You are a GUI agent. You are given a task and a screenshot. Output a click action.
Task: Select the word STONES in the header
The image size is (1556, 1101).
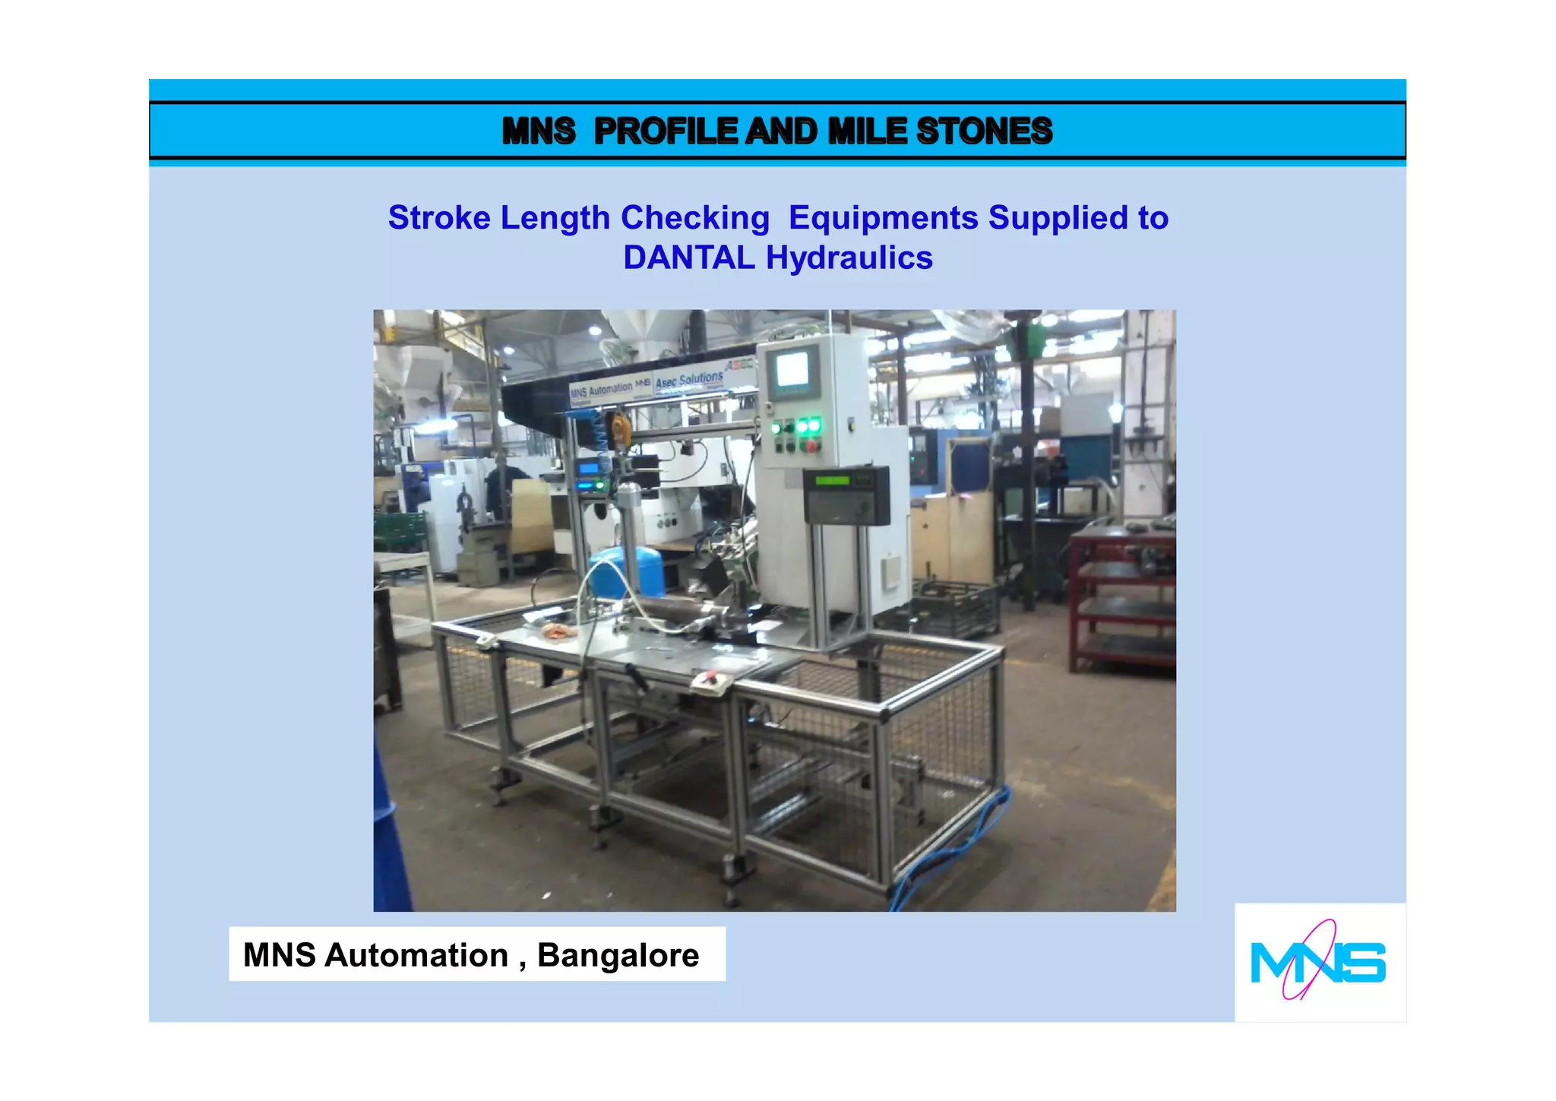click(x=984, y=131)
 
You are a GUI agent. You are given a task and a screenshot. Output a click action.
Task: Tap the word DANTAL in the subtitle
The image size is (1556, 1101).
click(x=688, y=258)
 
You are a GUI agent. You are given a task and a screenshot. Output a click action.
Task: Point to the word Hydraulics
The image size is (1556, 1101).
click(x=849, y=258)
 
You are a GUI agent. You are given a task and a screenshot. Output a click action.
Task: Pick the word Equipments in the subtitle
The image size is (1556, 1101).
click(x=883, y=218)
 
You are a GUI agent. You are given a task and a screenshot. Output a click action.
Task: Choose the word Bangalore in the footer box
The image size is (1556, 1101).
click(x=618, y=955)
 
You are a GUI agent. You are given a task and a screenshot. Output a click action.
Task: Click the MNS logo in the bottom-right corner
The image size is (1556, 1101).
click(x=1318, y=961)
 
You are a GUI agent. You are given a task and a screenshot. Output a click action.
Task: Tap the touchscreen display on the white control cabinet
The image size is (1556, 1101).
click(x=792, y=372)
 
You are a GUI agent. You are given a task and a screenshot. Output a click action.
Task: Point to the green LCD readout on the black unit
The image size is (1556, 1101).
click(x=832, y=480)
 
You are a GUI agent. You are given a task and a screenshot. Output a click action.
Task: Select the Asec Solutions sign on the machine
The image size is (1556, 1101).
click(x=689, y=379)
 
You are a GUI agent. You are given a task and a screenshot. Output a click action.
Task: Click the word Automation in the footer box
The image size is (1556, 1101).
click(x=416, y=955)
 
